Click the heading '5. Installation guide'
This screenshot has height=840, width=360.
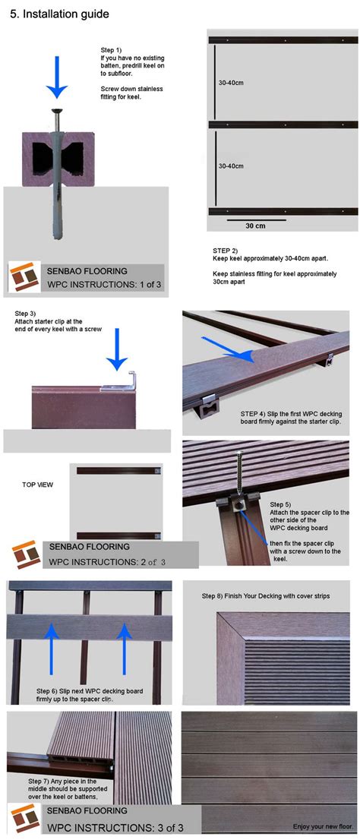click(59, 14)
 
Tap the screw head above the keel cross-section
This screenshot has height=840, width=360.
click(56, 112)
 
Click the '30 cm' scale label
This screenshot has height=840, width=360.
click(255, 226)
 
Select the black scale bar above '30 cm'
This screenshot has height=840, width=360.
click(252, 219)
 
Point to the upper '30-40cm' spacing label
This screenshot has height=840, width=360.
click(231, 84)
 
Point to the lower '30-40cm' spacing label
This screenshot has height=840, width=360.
click(231, 166)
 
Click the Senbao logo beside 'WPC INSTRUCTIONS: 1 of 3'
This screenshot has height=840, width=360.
click(25, 277)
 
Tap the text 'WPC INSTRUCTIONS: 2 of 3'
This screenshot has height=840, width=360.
click(108, 562)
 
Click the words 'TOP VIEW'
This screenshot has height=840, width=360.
click(37, 485)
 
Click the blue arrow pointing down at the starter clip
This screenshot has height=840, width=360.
click(117, 350)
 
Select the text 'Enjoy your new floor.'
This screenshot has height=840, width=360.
click(324, 826)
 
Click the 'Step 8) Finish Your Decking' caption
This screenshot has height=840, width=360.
click(265, 595)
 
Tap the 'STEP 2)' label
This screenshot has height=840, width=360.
click(225, 251)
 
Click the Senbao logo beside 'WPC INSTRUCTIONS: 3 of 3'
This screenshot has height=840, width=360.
click(25, 819)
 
